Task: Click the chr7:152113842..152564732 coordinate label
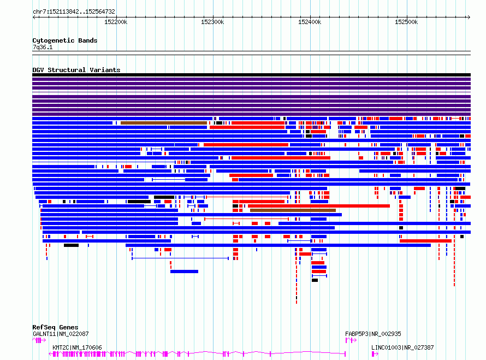coord(74,11)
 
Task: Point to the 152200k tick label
coord(116,22)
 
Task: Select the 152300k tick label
coord(212,22)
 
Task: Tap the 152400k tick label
coord(310,22)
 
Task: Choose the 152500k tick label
coord(406,22)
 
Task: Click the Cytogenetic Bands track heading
coord(65,40)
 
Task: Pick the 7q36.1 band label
coord(43,47)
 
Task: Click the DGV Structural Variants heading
coord(76,70)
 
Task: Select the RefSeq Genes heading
coord(55,327)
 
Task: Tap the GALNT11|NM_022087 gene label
coord(61,334)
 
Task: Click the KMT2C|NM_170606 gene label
coord(77,347)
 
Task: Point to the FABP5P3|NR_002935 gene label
coord(373,334)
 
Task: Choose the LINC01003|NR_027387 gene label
coord(402,347)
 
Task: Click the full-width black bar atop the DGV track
coord(251,75)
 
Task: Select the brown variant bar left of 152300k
coord(164,123)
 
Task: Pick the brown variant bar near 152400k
coord(293,210)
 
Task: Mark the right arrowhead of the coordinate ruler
coord(469,17)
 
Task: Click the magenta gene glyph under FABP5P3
coord(351,340)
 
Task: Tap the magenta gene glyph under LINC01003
coord(375,354)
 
